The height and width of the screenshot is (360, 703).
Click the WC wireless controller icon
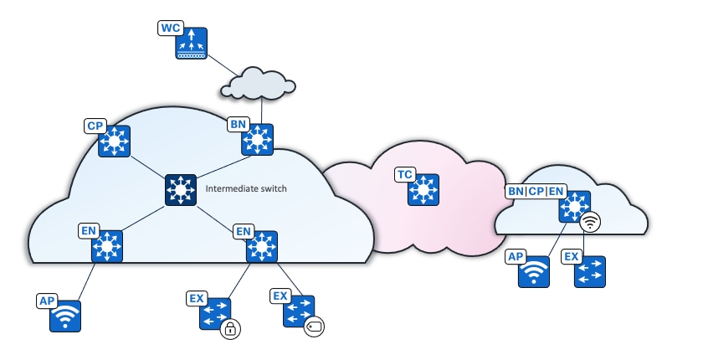click(x=192, y=44)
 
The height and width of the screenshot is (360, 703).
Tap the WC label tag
click(x=170, y=28)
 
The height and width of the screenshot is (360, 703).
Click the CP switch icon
click(x=113, y=141)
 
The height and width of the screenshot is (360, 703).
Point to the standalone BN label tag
click(x=238, y=125)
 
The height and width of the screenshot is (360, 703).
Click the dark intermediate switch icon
click(x=181, y=190)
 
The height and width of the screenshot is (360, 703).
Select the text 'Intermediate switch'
click(x=246, y=189)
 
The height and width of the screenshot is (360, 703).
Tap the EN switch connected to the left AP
click(x=107, y=247)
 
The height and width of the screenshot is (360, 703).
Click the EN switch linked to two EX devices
click(x=262, y=247)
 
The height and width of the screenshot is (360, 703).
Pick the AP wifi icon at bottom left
click(x=65, y=316)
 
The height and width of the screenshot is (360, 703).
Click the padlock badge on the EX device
click(x=230, y=329)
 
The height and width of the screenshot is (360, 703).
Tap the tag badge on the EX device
click(x=313, y=326)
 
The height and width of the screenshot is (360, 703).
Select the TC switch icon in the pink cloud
click(x=423, y=190)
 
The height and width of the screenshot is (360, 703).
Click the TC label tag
click(x=405, y=174)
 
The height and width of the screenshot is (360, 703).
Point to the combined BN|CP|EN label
click(x=536, y=191)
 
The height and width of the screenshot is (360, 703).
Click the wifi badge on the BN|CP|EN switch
click(x=591, y=223)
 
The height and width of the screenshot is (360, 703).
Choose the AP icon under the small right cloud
click(x=534, y=272)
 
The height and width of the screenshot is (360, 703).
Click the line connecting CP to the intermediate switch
click(x=146, y=166)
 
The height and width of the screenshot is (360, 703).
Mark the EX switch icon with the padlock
click(x=214, y=314)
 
